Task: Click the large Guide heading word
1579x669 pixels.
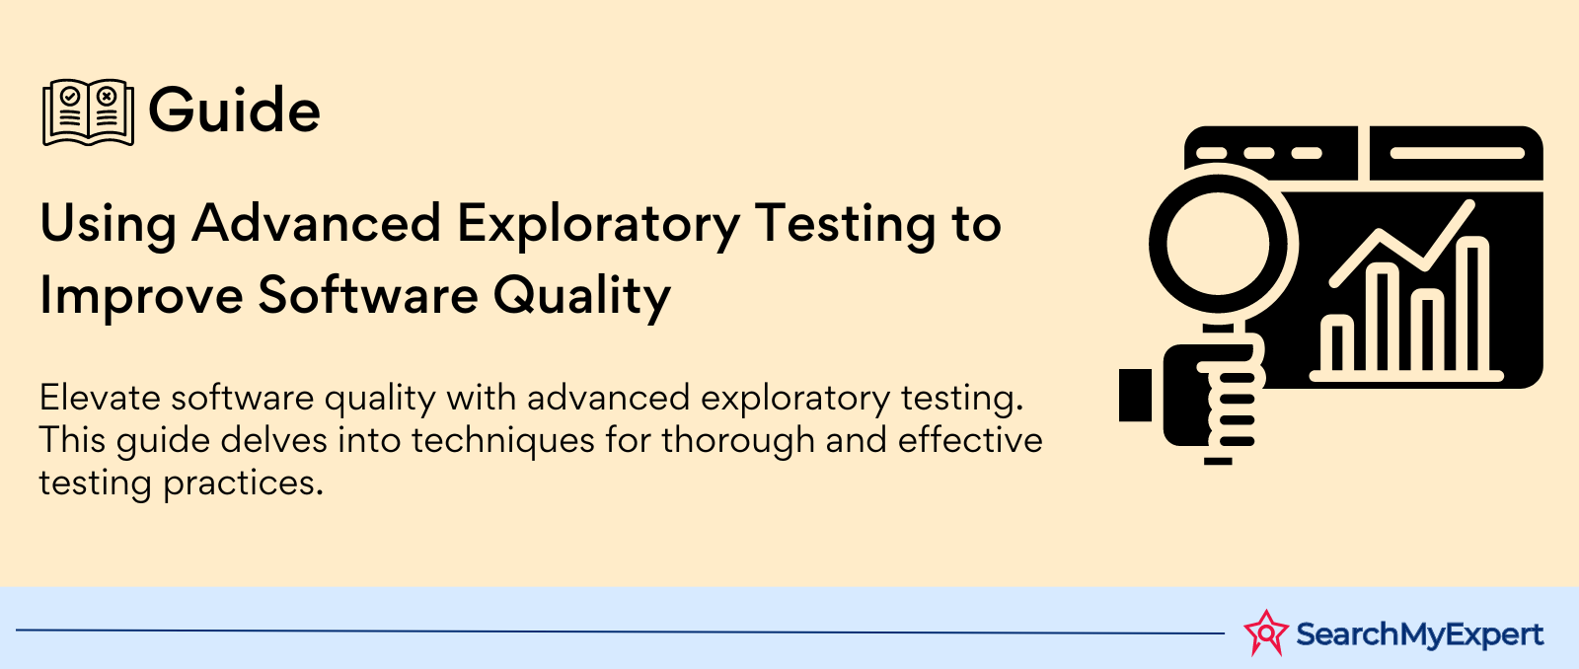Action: [x=234, y=111]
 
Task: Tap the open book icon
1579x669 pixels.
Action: [x=88, y=112]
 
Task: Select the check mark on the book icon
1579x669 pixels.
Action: [x=70, y=96]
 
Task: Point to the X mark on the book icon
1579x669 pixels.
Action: [x=107, y=96]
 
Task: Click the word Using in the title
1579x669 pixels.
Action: [x=108, y=225]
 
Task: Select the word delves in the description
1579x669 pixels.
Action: [x=273, y=440]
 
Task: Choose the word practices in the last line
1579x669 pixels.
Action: [x=243, y=484]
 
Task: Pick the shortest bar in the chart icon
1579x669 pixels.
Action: [x=1337, y=343]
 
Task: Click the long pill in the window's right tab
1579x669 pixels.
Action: [x=1457, y=153]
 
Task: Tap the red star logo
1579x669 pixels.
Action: [x=1266, y=632]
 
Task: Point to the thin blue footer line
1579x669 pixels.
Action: [x=621, y=632]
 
